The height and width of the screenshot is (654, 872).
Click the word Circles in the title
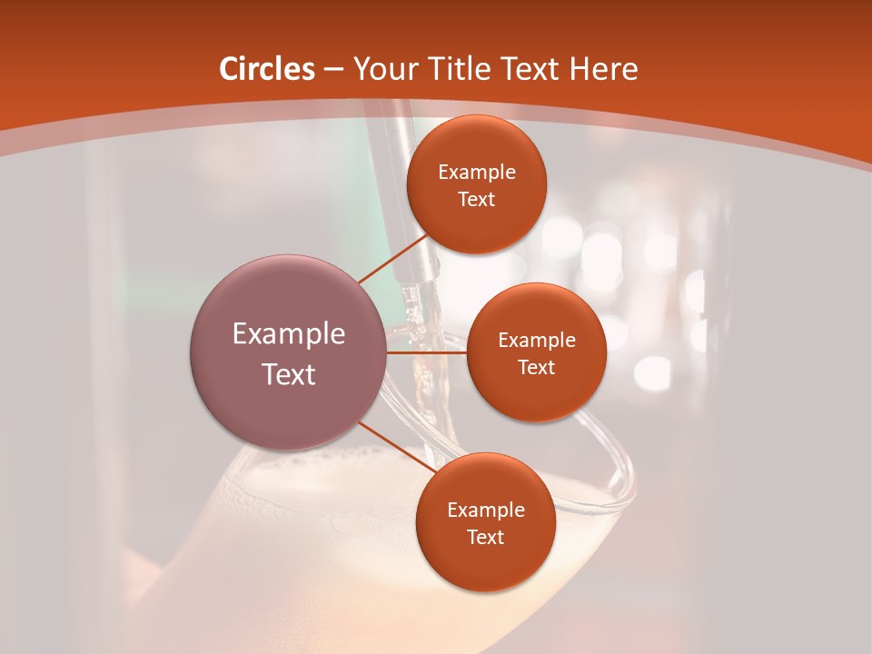pyautogui.click(x=267, y=69)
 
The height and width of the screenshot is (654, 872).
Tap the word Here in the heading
pyautogui.click(x=604, y=69)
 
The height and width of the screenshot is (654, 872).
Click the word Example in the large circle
pyautogui.click(x=289, y=334)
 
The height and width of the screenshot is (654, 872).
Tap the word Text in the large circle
pyautogui.click(x=289, y=374)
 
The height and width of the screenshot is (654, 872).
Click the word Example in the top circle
pyautogui.click(x=476, y=173)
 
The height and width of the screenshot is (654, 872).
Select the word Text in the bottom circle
pyautogui.click(x=485, y=538)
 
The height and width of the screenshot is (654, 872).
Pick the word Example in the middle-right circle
pyautogui.click(x=536, y=341)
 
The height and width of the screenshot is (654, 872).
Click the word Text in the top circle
pyautogui.click(x=476, y=200)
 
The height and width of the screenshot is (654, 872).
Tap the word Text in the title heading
pyautogui.click(x=530, y=69)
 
